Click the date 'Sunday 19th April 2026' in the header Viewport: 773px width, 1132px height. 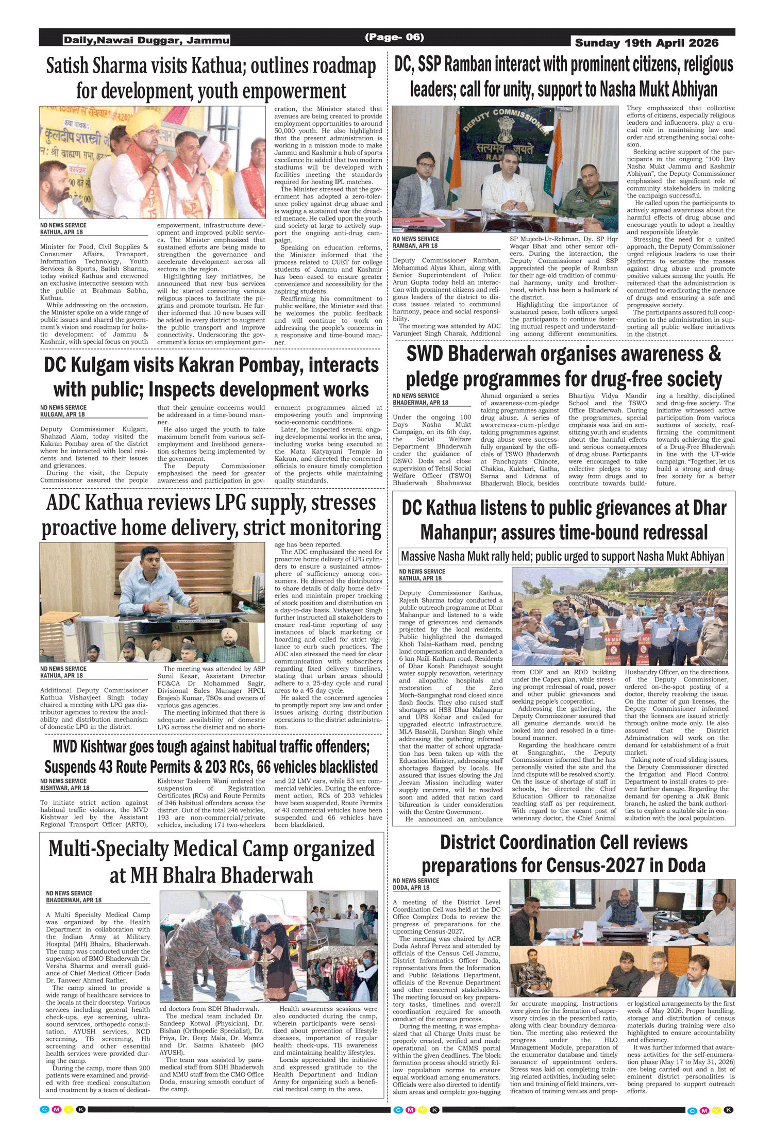pyautogui.click(x=646, y=43)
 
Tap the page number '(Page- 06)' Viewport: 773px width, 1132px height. pyautogui.click(x=394, y=37)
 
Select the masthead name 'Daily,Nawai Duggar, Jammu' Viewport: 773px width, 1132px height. pyautogui.click(x=146, y=40)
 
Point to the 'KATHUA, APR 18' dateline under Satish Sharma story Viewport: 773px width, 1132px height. pyautogui.click(x=61, y=232)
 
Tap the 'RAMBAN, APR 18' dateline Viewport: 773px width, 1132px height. pyautogui.click(x=415, y=246)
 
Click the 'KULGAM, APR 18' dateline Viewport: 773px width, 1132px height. pyautogui.click(x=62, y=414)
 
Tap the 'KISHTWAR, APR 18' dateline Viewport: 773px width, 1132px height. pyautogui.click(x=64, y=788)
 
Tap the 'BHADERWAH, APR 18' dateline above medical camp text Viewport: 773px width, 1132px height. pyautogui.click(x=74, y=900)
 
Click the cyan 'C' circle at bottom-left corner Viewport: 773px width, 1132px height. pyautogui.click(x=44, y=1109)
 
